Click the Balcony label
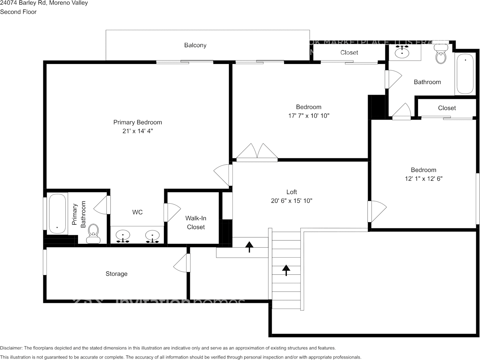point(195,45)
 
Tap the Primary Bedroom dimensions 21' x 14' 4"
point(137,131)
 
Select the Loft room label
point(291,192)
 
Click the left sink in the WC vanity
point(123,236)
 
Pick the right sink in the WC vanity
point(153,236)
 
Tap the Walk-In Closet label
point(195,223)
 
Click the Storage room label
point(116,274)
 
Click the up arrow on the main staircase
point(286,270)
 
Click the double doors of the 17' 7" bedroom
point(257,152)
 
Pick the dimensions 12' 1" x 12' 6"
point(423,178)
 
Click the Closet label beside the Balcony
point(349,53)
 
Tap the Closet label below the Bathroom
point(447,108)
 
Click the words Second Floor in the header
point(18,12)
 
